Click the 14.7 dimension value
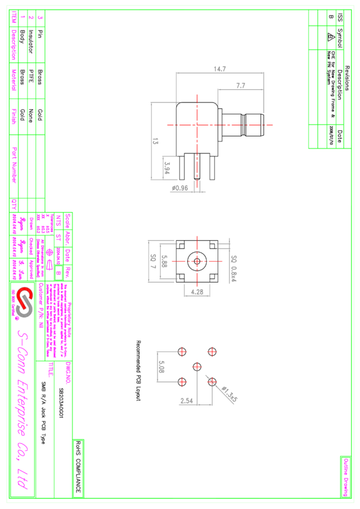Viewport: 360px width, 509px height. (x=220, y=69)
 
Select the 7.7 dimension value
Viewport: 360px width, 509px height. (x=240, y=86)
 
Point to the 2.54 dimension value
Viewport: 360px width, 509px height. (x=186, y=400)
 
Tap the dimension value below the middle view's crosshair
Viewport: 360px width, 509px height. (x=197, y=292)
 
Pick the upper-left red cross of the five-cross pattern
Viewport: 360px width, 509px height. (x=182, y=352)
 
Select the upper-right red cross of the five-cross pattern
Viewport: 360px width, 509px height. (x=211, y=352)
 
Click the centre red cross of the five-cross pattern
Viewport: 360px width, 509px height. (x=197, y=366)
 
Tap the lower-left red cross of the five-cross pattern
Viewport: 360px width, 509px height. (x=182, y=381)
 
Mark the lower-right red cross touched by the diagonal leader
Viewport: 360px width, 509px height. (x=211, y=381)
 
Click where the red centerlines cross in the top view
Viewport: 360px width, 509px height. (x=197, y=125)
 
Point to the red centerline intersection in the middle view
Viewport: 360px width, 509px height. (x=197, y=261)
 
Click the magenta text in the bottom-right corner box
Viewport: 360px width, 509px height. (x=346, y=477)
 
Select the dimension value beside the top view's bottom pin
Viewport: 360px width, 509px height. (x=180, y=188)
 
